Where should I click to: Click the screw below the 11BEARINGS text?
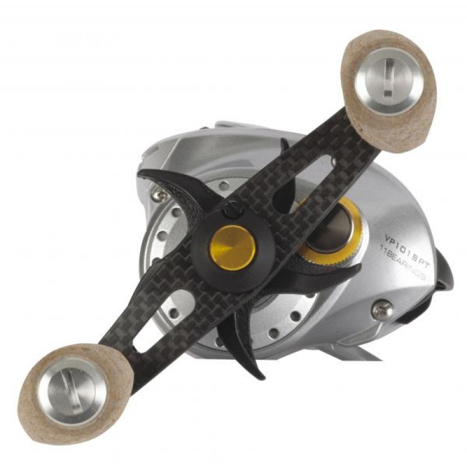[383, 311]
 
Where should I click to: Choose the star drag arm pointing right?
[333, 274]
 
